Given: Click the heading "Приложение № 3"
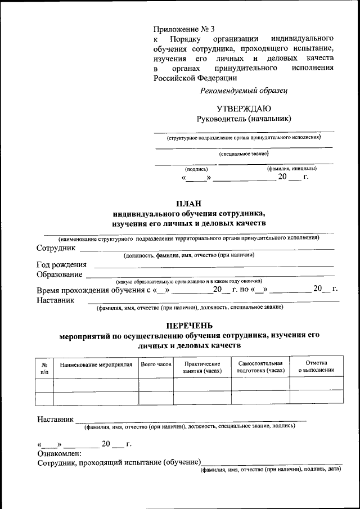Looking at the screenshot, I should (x=184, y=29).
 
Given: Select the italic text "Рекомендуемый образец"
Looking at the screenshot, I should (x=244, y=90).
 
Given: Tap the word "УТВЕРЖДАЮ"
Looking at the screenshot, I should (x=244, y=109).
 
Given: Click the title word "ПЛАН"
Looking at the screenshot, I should (x=188, y=204).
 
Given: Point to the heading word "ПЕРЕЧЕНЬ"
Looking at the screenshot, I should (x=189, y=325).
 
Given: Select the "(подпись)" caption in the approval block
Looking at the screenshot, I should (x=196, y=169).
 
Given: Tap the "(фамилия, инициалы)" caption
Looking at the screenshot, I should (x=291, y=169).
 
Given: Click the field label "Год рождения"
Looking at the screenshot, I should (x=62, y=265).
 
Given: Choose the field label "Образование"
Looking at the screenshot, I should (x=60, y=274).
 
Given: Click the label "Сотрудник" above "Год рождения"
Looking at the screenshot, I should (x=56, y=248).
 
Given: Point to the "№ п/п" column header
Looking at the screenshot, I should (x=44, y=368).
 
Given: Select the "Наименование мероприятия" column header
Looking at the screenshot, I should (x=96, y=365).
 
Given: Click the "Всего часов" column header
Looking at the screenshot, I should (x=156, y=365).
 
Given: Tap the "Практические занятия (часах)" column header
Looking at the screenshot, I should (x=202, y=368).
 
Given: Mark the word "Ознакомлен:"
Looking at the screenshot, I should (x=59, y=454).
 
